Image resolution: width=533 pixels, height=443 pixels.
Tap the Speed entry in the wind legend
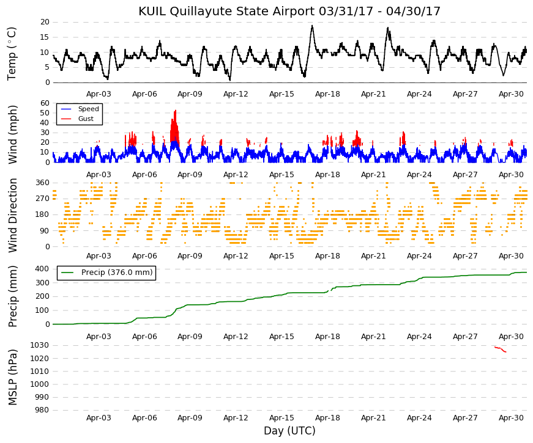pyautogui.click(x=88, y=109)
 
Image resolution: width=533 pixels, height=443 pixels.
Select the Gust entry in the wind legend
pyautogui.click(x=86, y=119)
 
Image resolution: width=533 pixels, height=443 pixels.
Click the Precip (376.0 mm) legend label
pyautogui.click(x=117, y=273)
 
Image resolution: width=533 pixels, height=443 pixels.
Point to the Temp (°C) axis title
pyautogui.click(x=12, y=54)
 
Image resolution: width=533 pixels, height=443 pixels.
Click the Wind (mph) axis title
pyautogui.click(x=12, y=135)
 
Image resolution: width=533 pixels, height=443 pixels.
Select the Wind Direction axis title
pyautogui.click(x=12, y=215)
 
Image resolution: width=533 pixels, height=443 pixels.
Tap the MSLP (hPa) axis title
pyautogui.click(x=12, y=377)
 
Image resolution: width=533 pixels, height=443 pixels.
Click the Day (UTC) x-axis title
pyautogui.click(x=289, y=431)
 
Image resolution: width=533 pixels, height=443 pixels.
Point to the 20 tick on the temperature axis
pyautogui.click(x=45, y=22)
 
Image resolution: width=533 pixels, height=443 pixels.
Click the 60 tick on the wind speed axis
pyautogui.click(x=45, y=103)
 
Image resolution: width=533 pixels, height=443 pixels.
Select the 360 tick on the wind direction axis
pyautogui.click(x=42, y=183)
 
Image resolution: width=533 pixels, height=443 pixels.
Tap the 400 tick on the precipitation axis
pyautogui.click(x=42, y=269)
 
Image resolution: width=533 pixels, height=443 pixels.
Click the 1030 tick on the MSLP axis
pyautogui.click(x=40, y=345)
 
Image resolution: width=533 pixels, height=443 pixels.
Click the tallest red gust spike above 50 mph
pyautogui.click(x=176, y=111)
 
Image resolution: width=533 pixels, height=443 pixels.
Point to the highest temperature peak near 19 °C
pyautogui.click(x=312, y=26)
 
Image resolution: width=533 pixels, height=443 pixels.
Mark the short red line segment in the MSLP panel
pyautogui.click(x=501, y=349)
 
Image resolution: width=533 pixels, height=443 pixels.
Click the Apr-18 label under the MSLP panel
pyautogui.click(x=327, y=418)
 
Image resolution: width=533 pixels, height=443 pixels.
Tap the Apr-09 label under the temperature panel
pyautogui.click(x=190, y=94)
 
